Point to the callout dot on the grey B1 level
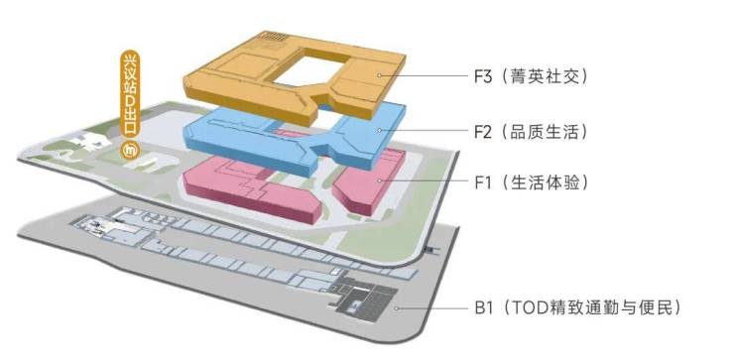[396, 308]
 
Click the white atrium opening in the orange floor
[311, 69]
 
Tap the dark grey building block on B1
[368, 300]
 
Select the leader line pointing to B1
[432, 308]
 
